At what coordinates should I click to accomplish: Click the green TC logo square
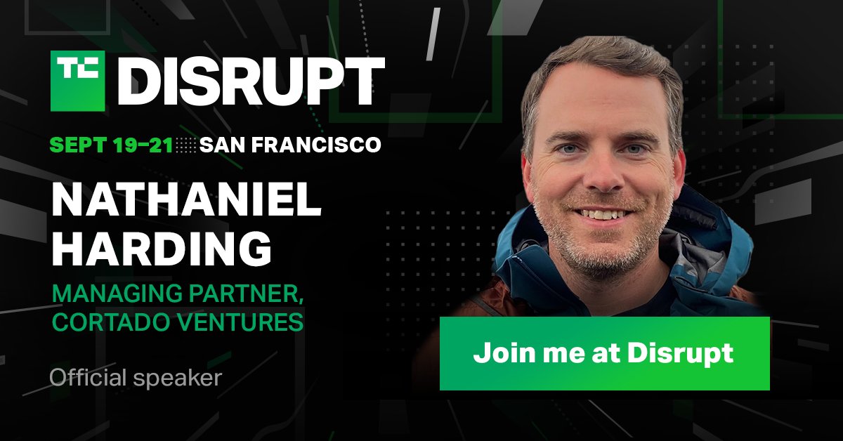point(77,80)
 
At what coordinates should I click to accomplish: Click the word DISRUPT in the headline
point(250,81)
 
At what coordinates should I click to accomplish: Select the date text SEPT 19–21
point(111,145)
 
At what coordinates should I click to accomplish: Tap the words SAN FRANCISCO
point(290,145)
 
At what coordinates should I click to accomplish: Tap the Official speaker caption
point(135,379)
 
